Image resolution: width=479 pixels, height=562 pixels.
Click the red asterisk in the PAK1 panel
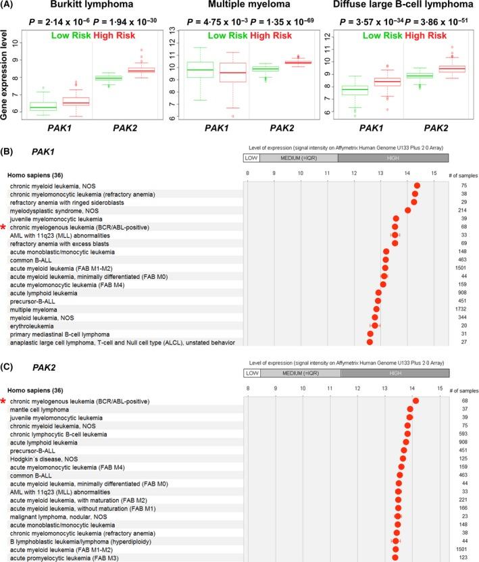4,227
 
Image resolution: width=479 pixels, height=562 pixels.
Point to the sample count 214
463,210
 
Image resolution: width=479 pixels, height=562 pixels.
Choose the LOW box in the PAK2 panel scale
251,373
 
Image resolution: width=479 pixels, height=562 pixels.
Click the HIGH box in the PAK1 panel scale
393,157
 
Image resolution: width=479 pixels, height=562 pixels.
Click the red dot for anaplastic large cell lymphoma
370,342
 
